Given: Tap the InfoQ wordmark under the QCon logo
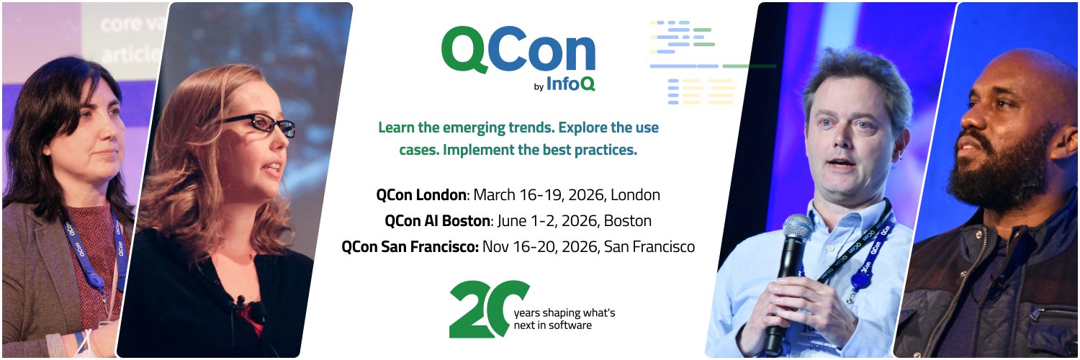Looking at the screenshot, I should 571,84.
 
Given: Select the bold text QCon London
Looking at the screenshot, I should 422,195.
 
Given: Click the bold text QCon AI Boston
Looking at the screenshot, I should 438,221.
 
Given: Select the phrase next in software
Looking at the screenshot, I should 552,325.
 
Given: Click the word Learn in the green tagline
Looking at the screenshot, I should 397,128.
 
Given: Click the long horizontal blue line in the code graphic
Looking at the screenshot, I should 684,66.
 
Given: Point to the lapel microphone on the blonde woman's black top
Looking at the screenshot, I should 239,301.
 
